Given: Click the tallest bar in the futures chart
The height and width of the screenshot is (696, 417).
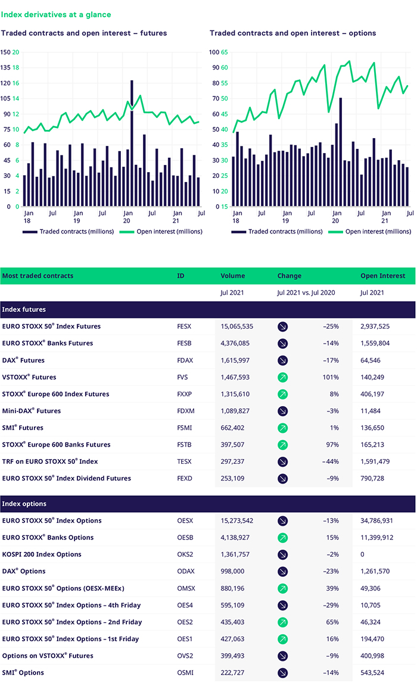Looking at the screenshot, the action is click(132, 143).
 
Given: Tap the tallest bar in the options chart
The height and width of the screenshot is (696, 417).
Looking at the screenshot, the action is click(341, 152).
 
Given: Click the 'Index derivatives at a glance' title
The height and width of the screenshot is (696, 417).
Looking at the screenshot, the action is click(56, 15).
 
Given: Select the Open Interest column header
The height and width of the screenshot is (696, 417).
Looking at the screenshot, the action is click(383, 276).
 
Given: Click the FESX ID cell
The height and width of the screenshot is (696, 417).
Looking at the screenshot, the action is click(184, 326).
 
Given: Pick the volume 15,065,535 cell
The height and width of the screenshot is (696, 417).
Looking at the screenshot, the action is click(236, 326).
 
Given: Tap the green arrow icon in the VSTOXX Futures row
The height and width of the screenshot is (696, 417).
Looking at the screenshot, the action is click(282, 377).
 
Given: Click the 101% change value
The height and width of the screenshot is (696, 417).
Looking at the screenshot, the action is click(331, 377).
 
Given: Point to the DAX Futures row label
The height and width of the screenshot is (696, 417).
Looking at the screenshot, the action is click(23, 360).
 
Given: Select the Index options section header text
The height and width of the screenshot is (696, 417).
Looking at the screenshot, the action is click(24, 504).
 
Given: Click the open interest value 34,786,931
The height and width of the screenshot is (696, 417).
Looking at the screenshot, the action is click(376, 521).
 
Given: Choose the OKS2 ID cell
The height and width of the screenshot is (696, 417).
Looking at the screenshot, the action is click(185, 554).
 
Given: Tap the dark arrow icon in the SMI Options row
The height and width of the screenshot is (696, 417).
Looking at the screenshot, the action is click(282, 673).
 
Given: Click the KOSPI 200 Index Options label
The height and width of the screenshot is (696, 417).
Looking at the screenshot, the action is click(42, 554).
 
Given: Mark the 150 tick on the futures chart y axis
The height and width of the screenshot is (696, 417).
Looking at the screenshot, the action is click(5, 52).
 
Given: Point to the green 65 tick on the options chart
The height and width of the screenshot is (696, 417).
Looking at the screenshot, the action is click(225, 52).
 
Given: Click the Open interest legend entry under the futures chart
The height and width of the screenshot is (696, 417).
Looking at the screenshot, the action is click(161, 232).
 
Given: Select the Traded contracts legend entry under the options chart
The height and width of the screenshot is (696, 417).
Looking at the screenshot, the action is click(277, 232).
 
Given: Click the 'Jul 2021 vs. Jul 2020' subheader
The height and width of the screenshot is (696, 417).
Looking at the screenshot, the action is click(306, 292).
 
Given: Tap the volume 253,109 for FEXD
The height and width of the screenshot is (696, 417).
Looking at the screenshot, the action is click(232, 479).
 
